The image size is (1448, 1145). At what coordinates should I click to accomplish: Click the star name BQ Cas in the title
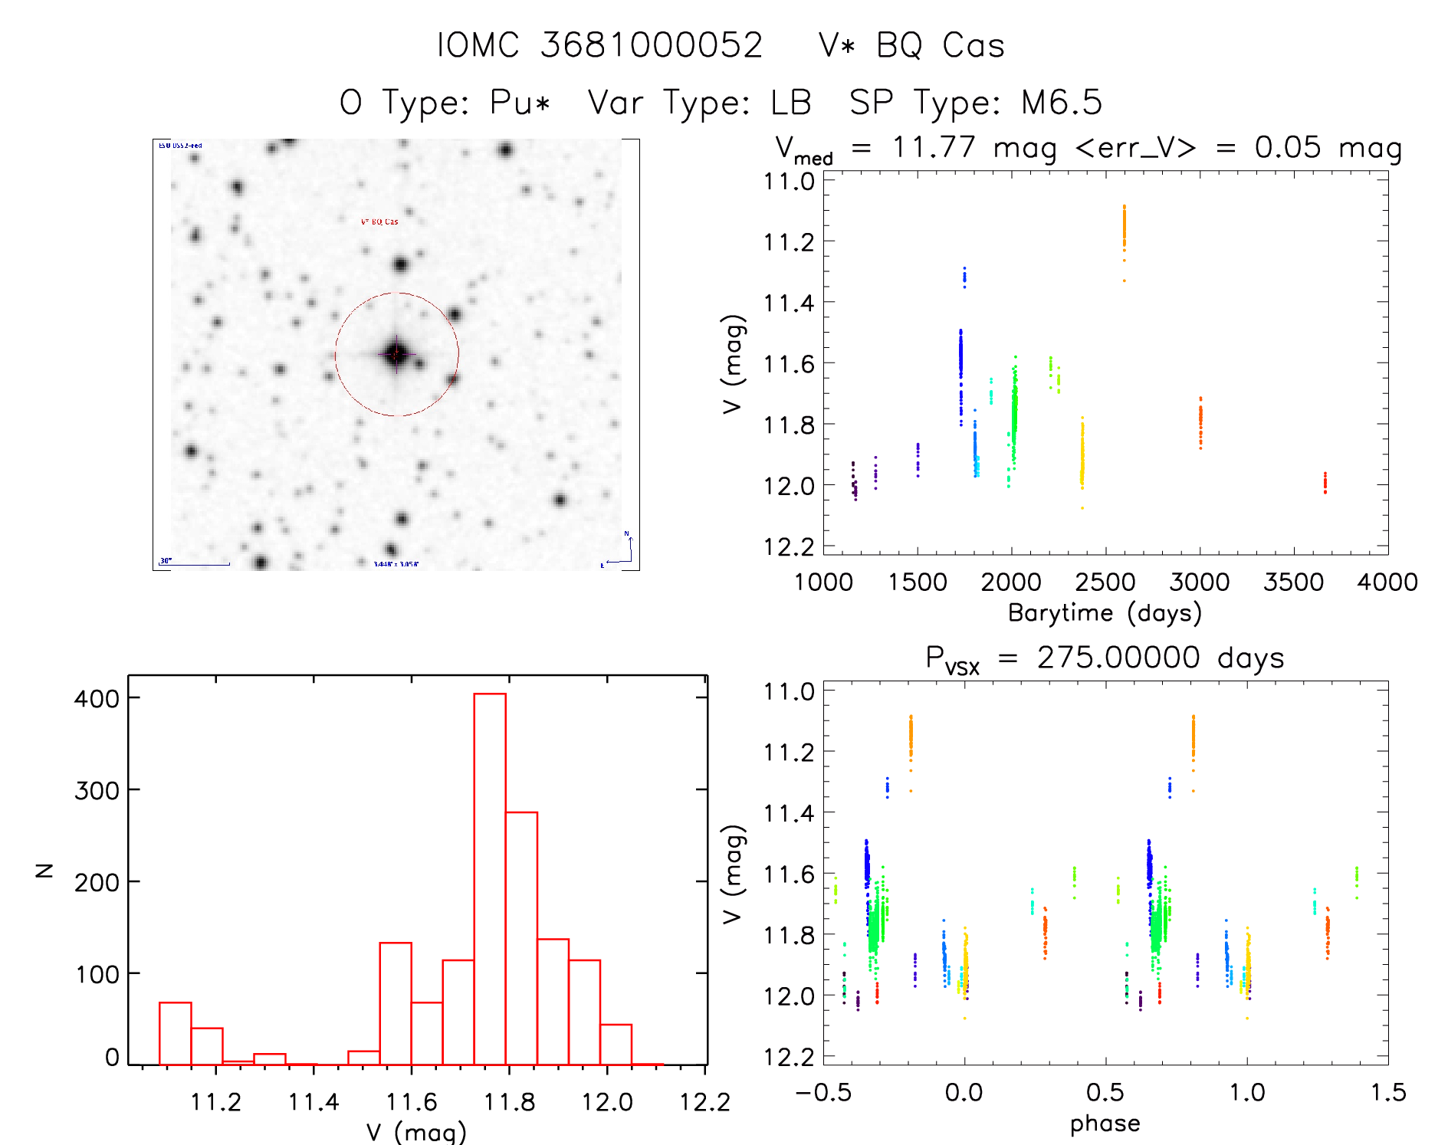[940, 46]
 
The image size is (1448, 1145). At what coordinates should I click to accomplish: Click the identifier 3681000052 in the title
[652, 46]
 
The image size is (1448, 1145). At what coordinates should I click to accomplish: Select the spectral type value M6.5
[1061, 103]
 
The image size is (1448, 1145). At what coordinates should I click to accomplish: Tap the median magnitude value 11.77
[934, 147]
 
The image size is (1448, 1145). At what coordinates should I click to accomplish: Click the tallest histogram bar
[490, 878]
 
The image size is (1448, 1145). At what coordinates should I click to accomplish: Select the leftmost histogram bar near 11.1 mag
[176, 1033]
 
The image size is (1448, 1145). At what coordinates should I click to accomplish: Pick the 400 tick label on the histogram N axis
[97, 698]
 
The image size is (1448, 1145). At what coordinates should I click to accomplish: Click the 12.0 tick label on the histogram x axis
[606, 1102]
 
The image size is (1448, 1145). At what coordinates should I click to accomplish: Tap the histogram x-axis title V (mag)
[416, 1132]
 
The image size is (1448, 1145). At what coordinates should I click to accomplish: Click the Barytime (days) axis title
[1105, 613]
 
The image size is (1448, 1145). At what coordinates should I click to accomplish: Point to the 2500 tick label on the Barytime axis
[1105, 582]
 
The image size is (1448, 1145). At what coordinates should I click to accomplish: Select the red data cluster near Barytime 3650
[1325, 483]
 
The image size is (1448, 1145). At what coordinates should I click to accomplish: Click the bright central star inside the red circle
[396, 354]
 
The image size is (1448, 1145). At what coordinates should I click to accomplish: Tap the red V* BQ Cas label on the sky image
[379, 222]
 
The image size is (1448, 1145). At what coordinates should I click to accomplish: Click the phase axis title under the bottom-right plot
[1105, 1124]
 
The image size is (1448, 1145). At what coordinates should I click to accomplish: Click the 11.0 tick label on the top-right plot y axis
[789, 182]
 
